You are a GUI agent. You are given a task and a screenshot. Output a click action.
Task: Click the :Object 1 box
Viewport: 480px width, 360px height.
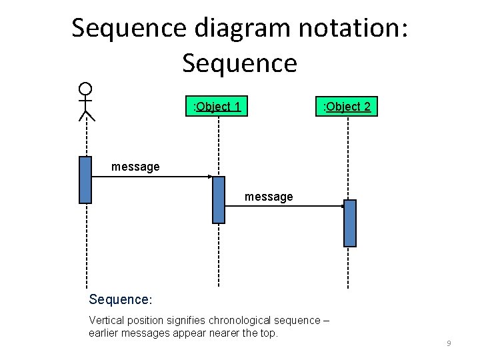pos(217,106)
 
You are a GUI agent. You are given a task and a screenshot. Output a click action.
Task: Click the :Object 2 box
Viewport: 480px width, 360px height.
pos(347,106)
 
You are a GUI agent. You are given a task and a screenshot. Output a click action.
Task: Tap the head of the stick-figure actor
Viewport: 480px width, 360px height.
pos(85,89)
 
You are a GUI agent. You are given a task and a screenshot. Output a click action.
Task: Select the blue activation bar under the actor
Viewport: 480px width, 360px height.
pos(85,179)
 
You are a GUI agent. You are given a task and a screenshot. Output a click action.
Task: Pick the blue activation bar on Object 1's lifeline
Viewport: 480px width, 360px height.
pos(219,199)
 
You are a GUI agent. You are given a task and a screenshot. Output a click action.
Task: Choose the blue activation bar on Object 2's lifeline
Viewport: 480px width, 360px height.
pos(350,223)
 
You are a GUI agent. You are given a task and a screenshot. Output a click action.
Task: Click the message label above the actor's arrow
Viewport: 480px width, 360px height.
pos(135,167)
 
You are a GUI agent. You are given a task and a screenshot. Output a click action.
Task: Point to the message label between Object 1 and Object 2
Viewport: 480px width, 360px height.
pos(269,197)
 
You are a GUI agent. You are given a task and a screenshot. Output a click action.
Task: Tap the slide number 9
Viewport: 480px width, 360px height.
pos(449,343)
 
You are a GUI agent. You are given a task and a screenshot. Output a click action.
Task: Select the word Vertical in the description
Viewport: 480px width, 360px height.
pos(106,320)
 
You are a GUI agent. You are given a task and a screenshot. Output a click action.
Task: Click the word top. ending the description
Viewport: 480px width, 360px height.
pos(268,333)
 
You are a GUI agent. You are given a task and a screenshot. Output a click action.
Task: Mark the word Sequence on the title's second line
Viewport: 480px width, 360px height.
pos(239,63)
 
